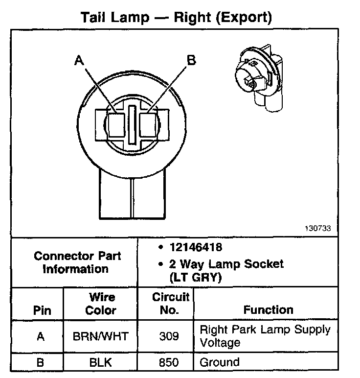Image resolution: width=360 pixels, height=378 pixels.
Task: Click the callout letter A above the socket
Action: click(80, 61)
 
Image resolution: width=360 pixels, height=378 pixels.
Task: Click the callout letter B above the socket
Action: click(191, 60)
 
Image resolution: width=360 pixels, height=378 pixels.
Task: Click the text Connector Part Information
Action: click(77, 262)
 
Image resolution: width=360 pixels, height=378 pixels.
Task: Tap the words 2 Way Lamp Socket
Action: click(226, 264)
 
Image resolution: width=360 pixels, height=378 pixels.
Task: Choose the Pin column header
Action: click(42, 310)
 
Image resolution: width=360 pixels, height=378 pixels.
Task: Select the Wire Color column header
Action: click(101, 304)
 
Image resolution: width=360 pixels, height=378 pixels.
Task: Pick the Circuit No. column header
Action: click(170, 304)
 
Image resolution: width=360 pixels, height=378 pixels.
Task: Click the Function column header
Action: click(268, 310)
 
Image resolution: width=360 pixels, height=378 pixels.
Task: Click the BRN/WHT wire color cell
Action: click(101, 336)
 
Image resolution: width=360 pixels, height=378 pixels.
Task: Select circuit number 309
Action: click(169, 336)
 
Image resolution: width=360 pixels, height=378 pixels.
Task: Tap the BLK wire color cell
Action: click(101, 363)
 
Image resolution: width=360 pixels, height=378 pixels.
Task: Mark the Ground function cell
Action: click(220, 362)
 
